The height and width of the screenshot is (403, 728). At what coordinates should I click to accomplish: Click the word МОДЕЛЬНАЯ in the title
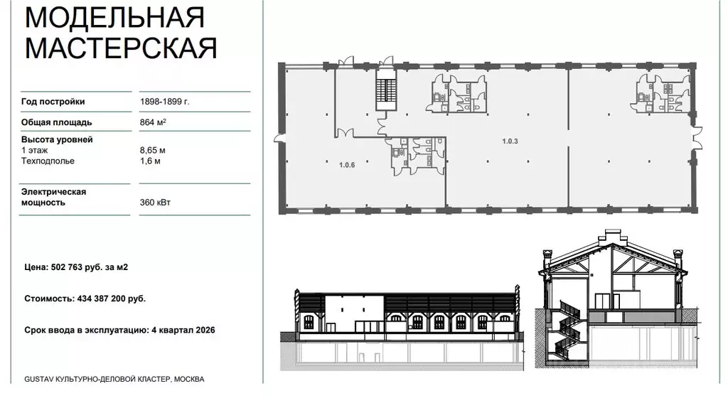click(x=114, y=16)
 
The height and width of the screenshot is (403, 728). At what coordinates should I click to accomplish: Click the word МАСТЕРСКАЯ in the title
click(x=121, y=48)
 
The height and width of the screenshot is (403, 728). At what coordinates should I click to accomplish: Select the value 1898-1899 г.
click(x=165, y=102)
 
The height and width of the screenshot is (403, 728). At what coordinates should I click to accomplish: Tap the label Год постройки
click(x=53, y=102)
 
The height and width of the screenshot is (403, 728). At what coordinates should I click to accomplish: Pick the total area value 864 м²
click(x=154, y=122)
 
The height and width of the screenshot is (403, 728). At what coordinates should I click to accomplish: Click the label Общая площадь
click(x=56, y=122)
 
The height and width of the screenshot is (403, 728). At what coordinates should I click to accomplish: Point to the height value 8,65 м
click(x=154, y=150)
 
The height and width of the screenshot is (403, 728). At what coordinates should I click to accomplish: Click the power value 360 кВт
click(x=156, y=203)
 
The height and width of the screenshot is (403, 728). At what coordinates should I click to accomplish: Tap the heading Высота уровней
click(x=57, y=139)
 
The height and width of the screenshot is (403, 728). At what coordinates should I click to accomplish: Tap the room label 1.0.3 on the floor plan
click(x=510, y=141)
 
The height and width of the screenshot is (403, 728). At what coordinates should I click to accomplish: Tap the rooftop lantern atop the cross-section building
click(x=613, y=237)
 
